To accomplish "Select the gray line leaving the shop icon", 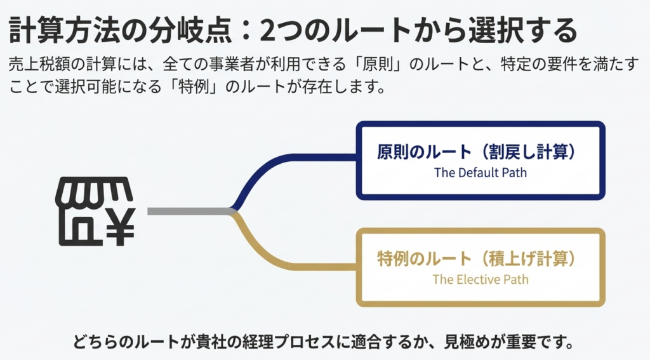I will (x=187, y=211).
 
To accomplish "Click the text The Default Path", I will (x=481, y=172).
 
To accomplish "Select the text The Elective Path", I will (x=481, y=279).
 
